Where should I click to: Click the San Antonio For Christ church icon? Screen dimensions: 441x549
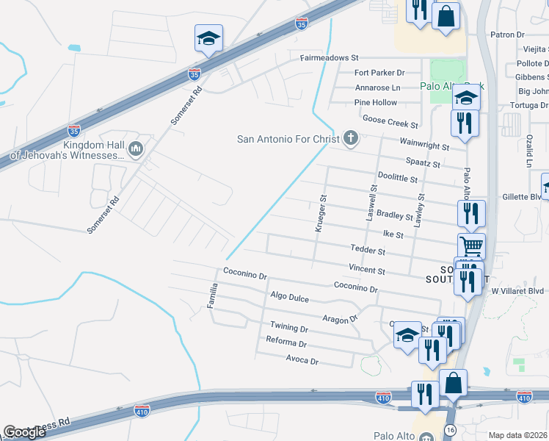pyautogui.click(x=351, y=138)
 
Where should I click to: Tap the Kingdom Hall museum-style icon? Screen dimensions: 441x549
pyautogui.click(x=134, y=150)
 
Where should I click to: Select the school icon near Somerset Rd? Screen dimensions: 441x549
pyautogui.click(x=208, y=39)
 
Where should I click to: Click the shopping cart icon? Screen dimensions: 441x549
pyautogui.click(x=471, y=245)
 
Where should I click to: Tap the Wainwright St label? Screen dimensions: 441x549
pyautogui.click(x=424, y=147)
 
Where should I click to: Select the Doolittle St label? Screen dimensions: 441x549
pyautogui.click(x=397, y=178)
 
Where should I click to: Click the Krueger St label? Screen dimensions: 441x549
pyautogui.click(x=320, y=213)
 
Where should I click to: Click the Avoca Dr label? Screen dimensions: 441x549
pyautogui.click(x=302, y=361)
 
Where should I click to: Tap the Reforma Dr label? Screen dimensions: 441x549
pyautogui.click(x=287, y=343)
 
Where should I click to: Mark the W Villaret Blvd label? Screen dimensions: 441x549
pyautogui.click(x=517, y=291)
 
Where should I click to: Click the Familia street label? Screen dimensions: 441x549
pyautogui.click(x=214, y=295)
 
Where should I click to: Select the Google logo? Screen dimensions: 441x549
pyautogui.click(x=25, y=432)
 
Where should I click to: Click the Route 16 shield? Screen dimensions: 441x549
pyautogui.click(x=449, y=429)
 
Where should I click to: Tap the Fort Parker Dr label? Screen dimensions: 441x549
pyautogui.click(x=379, y=73)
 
